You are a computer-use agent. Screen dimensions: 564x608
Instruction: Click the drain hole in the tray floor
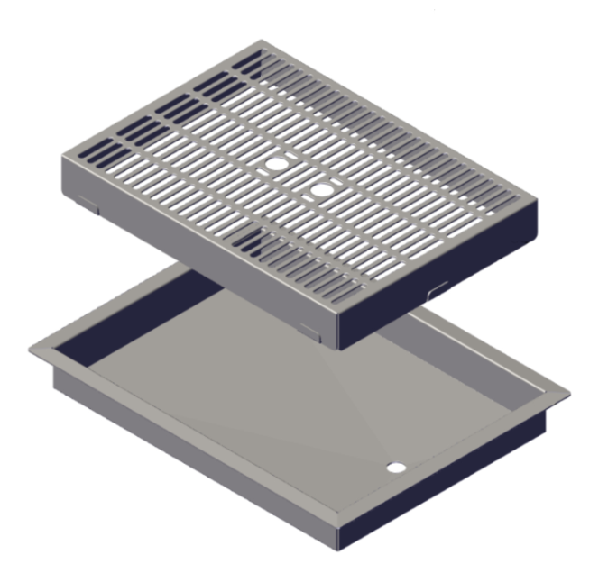pyautogui.click(x=396, y=468)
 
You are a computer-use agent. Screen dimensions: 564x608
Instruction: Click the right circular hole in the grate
pyautogui.click(x=323, y=189)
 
